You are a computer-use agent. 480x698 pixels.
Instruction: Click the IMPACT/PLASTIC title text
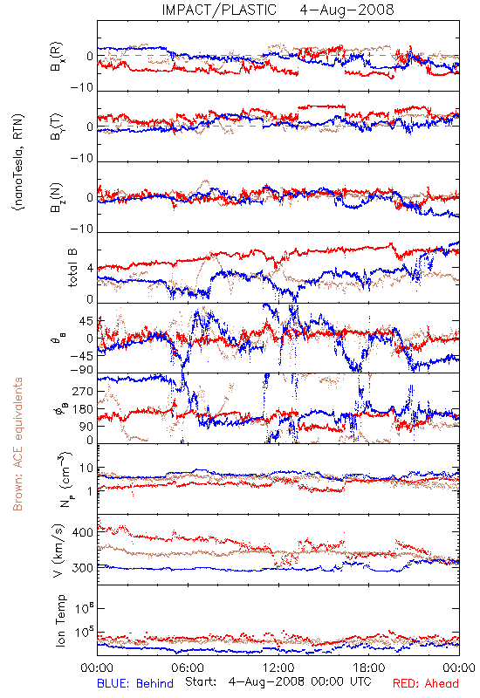[x=219, y=10]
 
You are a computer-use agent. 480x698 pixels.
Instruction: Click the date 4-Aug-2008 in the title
[x=346, y=10]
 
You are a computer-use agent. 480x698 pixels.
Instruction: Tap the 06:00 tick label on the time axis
[x=188, y=667]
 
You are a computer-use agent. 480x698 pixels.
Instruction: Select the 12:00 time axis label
[x=278, y=667]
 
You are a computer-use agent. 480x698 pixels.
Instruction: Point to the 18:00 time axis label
[x=369, y=667]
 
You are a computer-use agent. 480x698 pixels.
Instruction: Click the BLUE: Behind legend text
[x=135, y=683]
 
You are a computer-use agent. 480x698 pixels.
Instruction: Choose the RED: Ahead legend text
[x=426, y=683]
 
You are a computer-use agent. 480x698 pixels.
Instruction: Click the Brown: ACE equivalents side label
[x=17, y=444]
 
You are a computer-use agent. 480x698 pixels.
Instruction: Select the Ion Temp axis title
[x=60, y=620]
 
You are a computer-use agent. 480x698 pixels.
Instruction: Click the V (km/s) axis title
[x=58, y=551]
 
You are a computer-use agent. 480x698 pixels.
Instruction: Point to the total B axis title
[x=72, y=267]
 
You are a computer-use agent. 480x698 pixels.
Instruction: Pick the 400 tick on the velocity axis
[x=82, y=532]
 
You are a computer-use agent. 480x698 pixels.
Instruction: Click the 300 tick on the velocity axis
[x=82, y=568]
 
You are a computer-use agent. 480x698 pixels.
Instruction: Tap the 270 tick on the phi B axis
[x=82, y=391]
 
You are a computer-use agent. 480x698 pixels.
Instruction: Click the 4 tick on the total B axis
[x=91, y=269]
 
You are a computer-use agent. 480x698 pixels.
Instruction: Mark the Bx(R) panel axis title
[x=57, y=57]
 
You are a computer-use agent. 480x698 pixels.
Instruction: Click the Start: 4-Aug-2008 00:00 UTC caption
[x=278, y=682]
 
